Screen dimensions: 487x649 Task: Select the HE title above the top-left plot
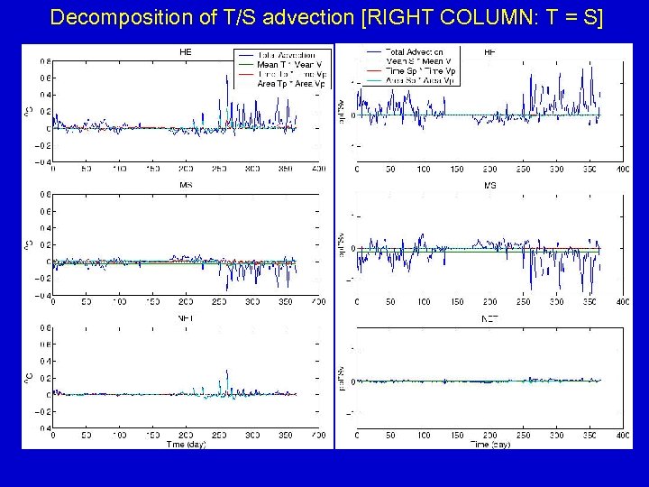(x=185, y=52)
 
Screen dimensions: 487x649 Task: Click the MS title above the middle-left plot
(x=185, y=185)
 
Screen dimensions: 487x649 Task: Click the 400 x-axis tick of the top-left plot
(x=318, y=170)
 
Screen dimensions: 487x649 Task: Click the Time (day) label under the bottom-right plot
(x=490, y=444)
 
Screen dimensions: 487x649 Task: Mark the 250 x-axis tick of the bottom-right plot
(x=522, y=435)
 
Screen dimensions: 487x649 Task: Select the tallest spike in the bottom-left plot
(x=226, y=372)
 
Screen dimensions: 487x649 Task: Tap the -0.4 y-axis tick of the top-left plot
(x=41, y=162)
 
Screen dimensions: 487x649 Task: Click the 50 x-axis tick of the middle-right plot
(x=389, y=302)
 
